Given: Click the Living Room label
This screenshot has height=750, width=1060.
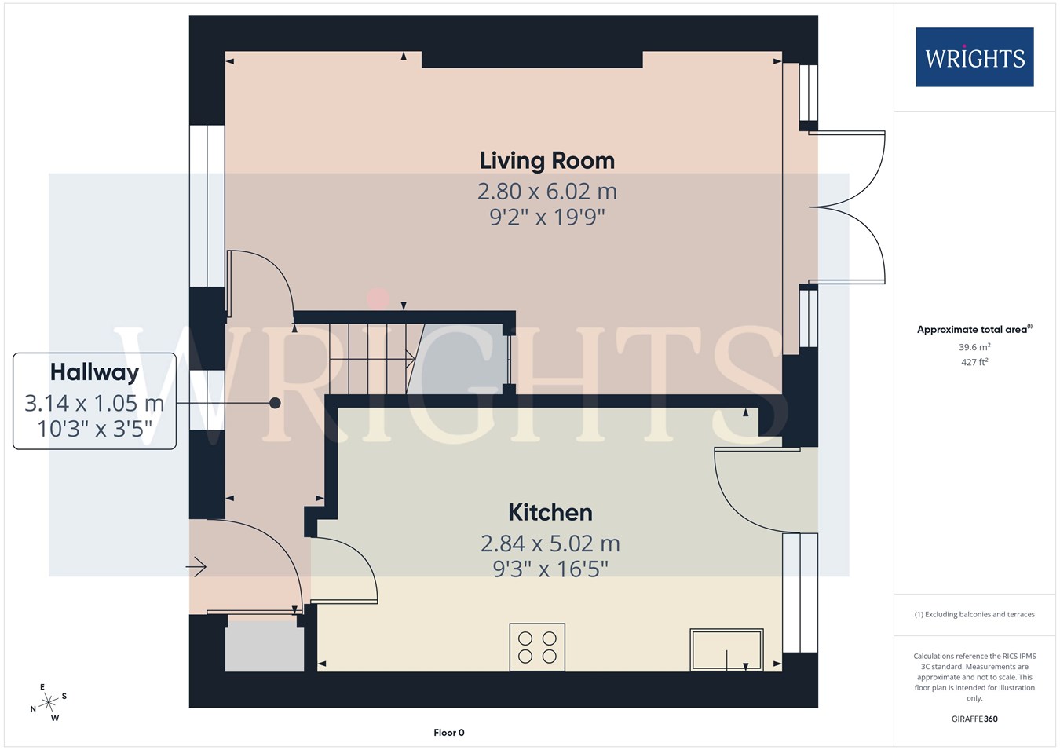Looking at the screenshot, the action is [547, 161].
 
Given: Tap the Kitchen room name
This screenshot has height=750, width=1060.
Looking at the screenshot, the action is [550, 513].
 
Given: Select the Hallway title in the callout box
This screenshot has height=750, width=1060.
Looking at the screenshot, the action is [95, 372].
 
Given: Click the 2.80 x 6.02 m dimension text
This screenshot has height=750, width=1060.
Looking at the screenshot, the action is [547, 192].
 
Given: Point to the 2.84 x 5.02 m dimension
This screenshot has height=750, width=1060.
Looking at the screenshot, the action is [550, 543].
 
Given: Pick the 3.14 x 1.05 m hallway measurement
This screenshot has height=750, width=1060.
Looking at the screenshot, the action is [95, 404].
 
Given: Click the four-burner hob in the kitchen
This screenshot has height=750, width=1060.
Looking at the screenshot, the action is [537, 647].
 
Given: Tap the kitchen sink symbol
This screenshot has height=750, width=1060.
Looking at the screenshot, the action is [726, 649].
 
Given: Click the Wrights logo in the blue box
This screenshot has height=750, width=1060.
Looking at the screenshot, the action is [975, 57].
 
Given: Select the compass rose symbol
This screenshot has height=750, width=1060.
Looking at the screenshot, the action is [48, 703].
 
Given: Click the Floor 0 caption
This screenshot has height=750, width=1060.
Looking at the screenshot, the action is [449, 733].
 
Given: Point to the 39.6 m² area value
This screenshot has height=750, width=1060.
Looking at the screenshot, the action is [974, 347].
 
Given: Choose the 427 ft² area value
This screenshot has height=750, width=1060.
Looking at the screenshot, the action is [974, 362].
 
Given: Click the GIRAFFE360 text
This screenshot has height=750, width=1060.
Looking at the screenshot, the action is [974, 719].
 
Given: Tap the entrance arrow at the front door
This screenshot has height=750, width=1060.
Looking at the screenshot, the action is [196, 567].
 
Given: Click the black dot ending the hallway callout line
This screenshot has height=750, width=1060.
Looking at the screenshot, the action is [275, 403].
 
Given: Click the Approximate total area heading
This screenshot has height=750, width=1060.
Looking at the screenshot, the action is [974, 329].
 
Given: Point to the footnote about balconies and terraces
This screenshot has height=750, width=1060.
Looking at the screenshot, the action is [974, 614].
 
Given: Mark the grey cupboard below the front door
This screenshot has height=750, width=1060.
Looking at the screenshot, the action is [264, 646].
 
